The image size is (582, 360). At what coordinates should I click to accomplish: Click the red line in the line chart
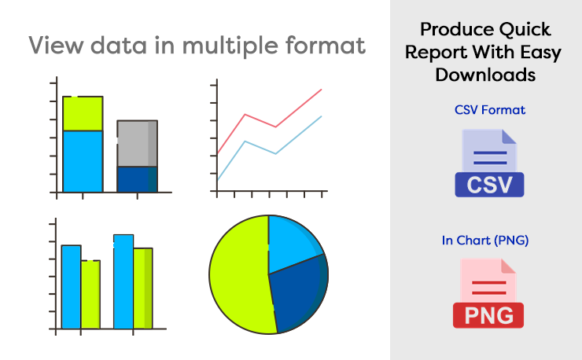(276, 127)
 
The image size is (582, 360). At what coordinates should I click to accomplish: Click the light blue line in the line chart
(276, 153)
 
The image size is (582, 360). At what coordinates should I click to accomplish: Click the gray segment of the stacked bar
(138, 143)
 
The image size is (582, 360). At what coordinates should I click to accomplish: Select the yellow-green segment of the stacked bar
(83, 113)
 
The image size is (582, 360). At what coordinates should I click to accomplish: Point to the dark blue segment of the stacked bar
(138, 179)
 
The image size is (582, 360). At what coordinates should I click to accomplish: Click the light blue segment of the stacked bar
(83, 161)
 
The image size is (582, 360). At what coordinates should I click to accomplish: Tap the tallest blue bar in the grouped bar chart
(123, 281)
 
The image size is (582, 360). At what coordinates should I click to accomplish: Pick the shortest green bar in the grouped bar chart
(90, 295)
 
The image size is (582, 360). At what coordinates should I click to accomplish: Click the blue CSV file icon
(489, 163)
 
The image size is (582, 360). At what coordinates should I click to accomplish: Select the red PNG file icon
(488, 293)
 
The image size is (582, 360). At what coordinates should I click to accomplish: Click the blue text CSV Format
(490, 110)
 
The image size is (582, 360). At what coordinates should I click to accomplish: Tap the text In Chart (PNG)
(485, 241)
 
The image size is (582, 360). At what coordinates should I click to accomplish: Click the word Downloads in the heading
(485, 75)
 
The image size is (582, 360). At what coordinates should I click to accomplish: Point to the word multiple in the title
(230, 46)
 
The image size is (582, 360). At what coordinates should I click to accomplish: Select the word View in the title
(56, 46)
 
